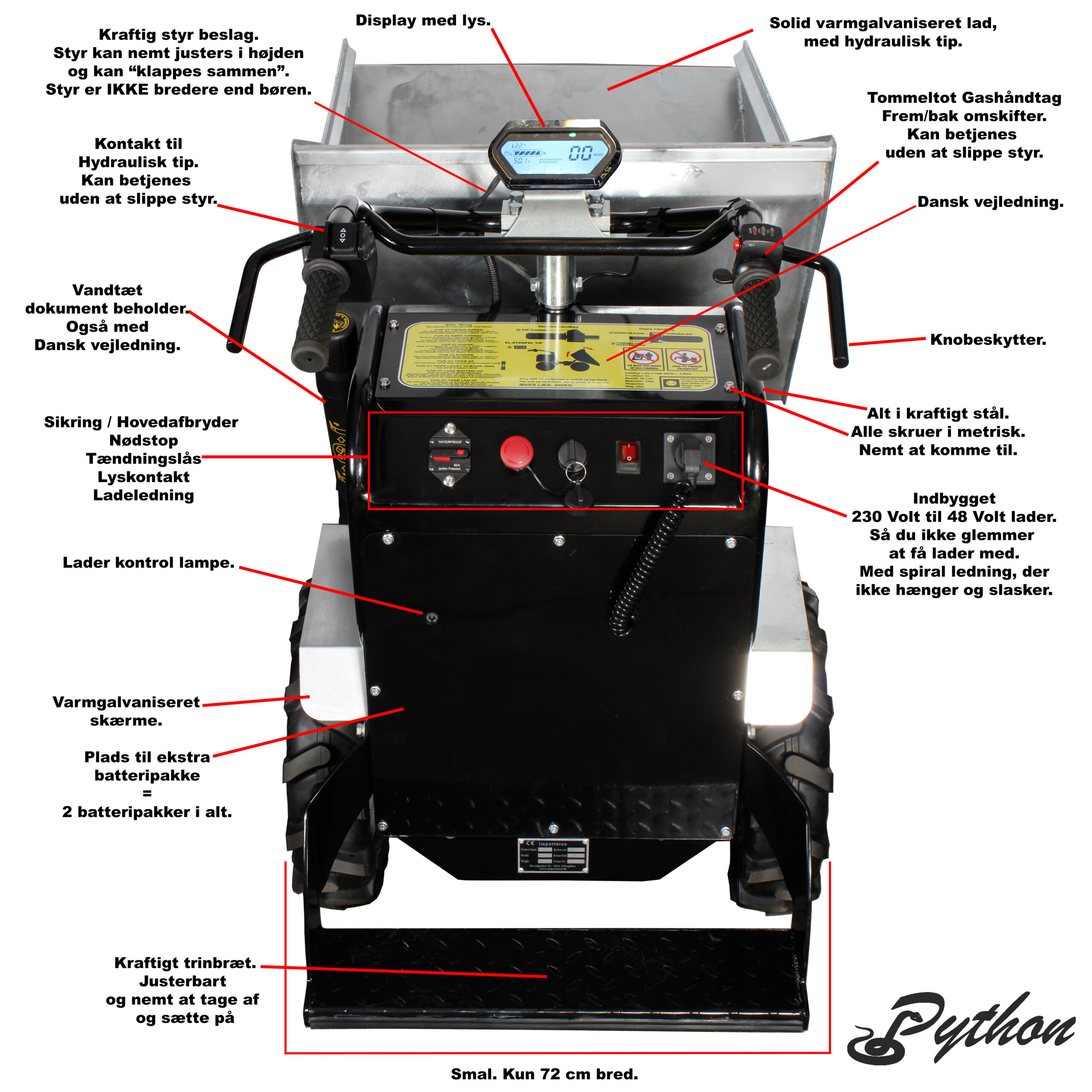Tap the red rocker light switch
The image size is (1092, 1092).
(x=628, y=455)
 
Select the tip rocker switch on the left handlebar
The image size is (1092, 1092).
(x=342, y=236)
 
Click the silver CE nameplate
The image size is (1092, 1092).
(x=553, y=855)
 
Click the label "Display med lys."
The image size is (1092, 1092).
(x=423, y=21)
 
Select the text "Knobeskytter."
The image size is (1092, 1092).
(x=988, y=340)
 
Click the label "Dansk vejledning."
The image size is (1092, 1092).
(x=990, y=202)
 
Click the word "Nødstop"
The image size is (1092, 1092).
(x=144, y=440)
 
